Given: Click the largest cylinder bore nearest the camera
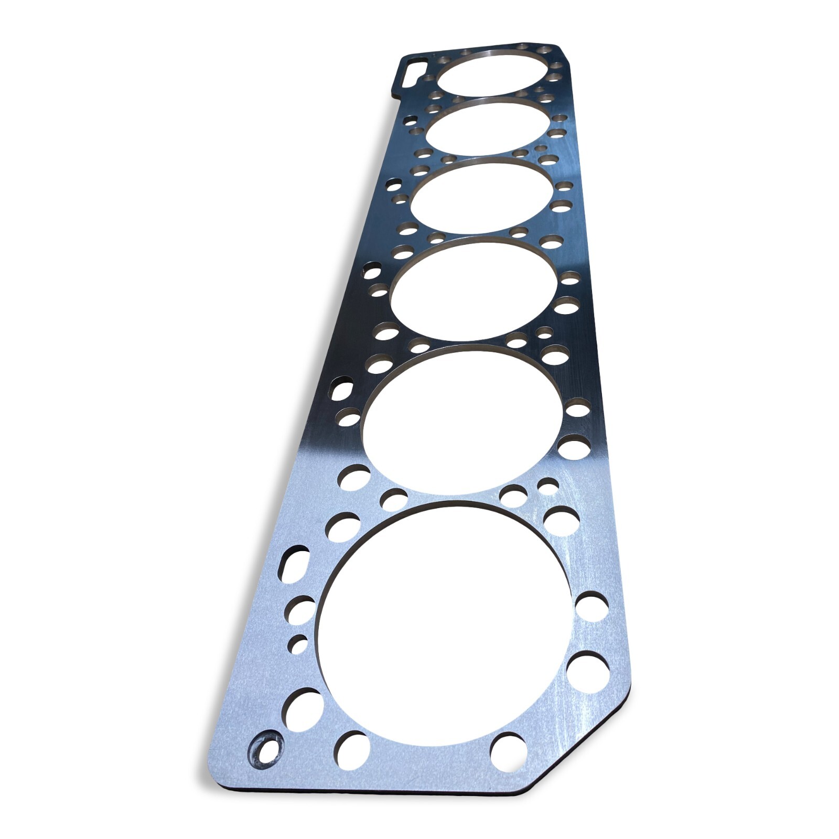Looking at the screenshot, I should (x=446, y=624).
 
